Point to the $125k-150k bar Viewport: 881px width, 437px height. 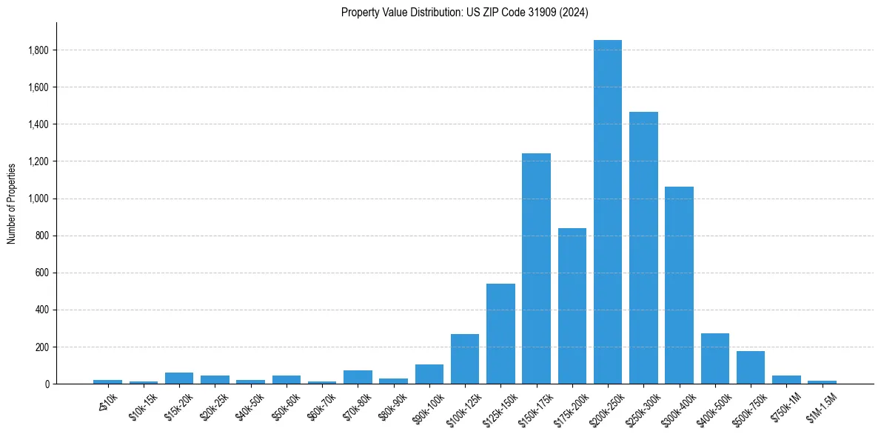click(500, 333)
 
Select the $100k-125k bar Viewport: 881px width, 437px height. click(465, 359)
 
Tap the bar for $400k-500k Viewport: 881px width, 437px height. click(715, 358)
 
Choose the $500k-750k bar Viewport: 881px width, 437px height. click(751, 367)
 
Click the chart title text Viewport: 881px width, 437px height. click(465, 13)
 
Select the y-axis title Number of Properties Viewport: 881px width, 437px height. click(12, 203)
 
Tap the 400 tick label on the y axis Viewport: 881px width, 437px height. click(41, 310)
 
